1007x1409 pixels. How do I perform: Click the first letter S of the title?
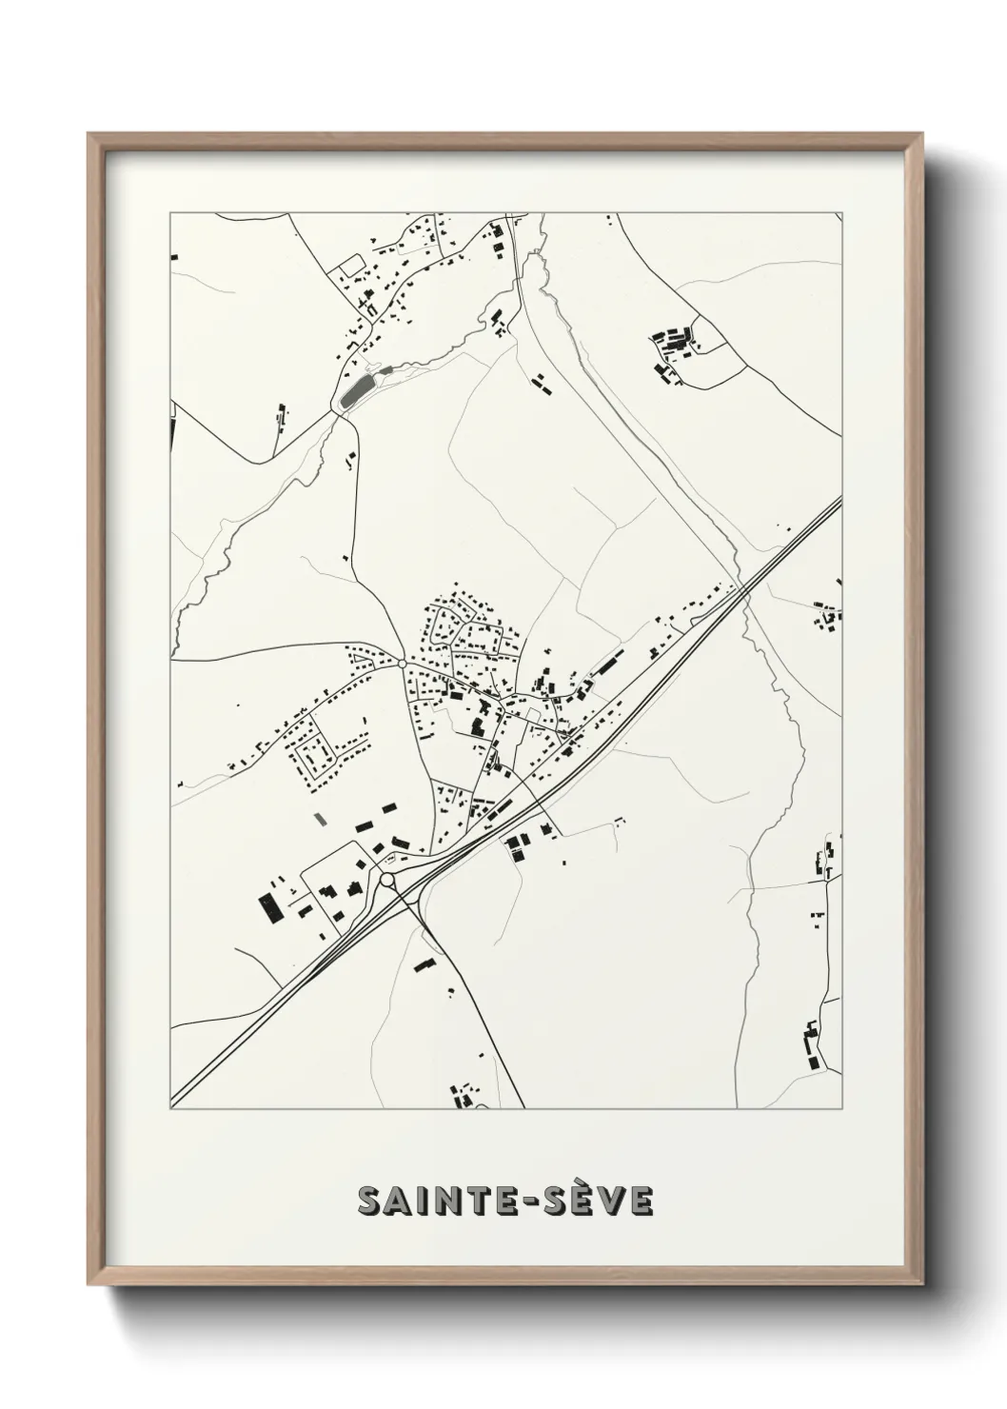click(369, 1201)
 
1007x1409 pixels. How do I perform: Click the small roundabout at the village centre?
click(403, 663)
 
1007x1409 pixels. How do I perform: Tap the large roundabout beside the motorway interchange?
click(387, 881)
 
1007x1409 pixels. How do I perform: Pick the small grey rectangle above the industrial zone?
click(320, 817)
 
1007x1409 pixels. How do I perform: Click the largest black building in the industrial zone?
click(268, 906)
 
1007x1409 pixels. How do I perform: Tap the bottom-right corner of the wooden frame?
click(923, 1286)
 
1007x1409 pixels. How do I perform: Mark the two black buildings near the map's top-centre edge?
click(496, 238)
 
